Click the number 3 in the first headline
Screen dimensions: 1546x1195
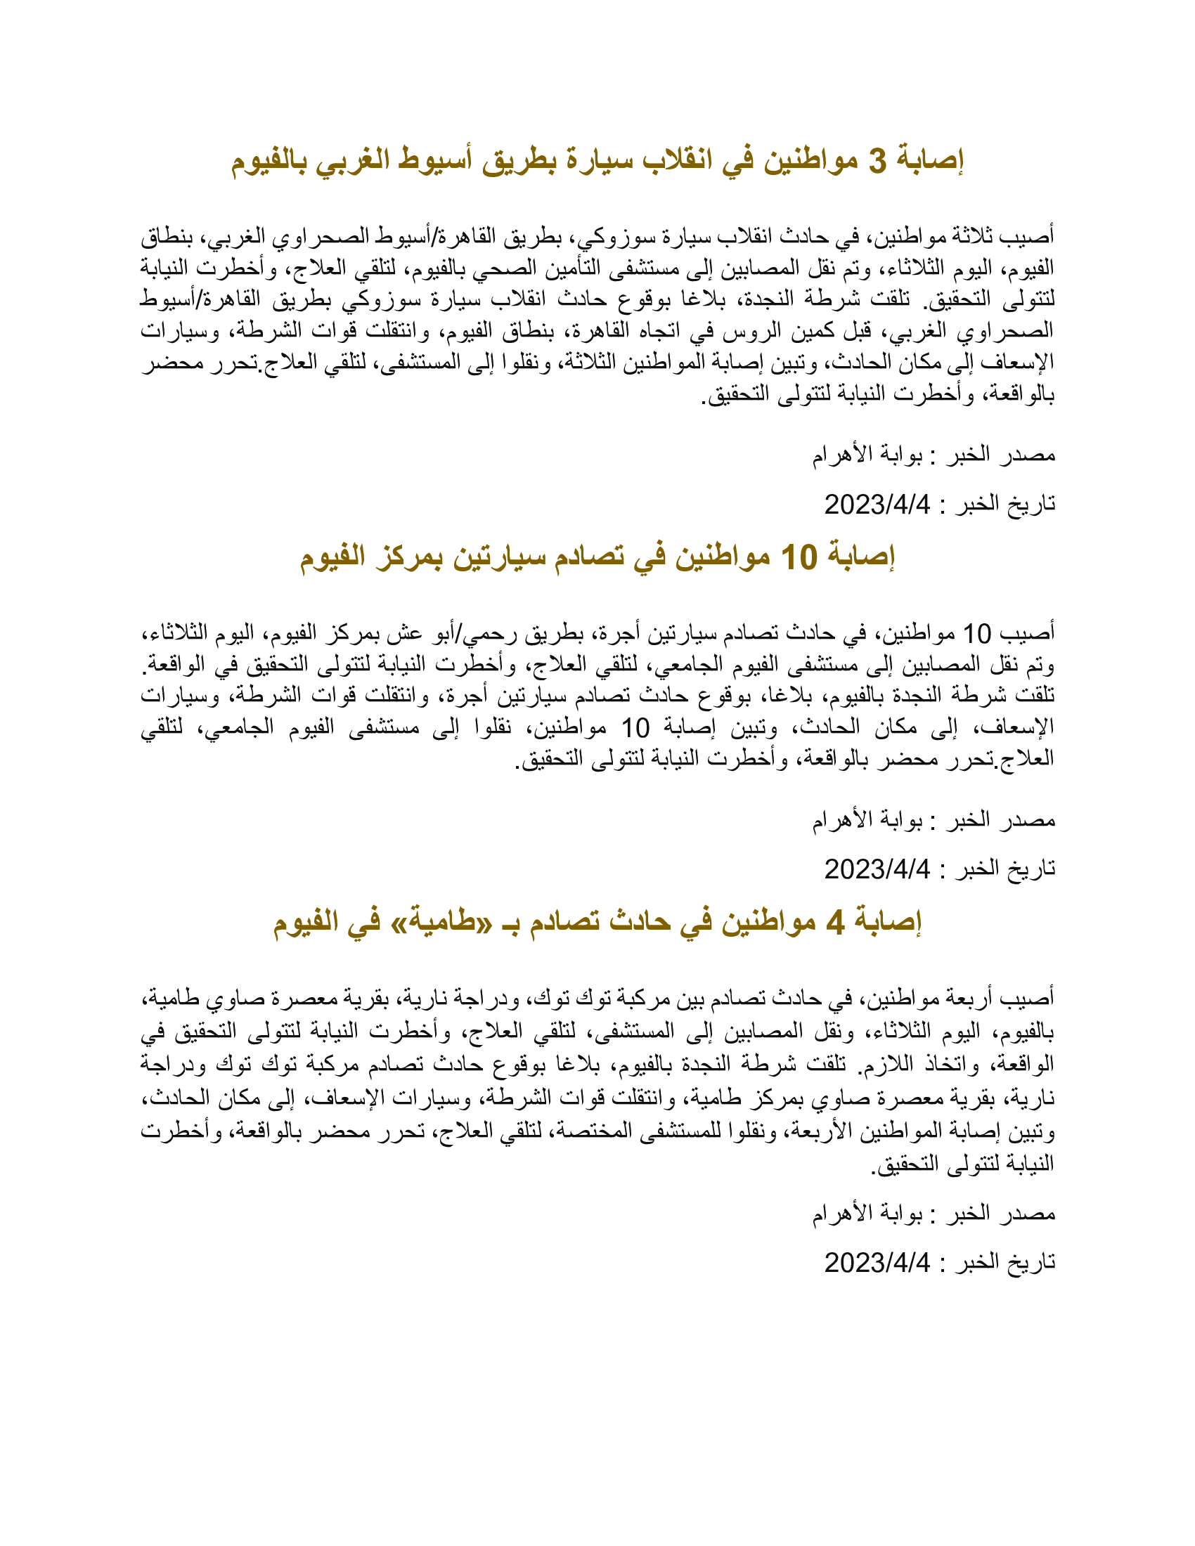pos(877,162)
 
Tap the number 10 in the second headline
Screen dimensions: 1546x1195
pos(799,558)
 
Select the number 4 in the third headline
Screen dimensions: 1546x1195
pos(835,923)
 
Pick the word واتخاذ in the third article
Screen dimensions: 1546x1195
pos(948,1064)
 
